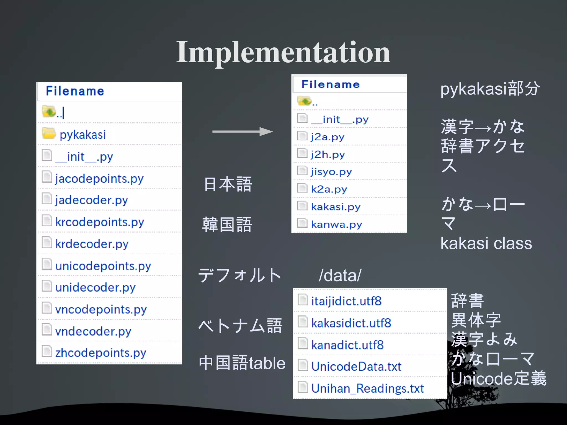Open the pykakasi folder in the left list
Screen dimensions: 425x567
tap(83, 135)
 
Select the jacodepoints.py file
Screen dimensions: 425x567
tap(99, 179)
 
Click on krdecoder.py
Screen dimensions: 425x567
tap(92, 244)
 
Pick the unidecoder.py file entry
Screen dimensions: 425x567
tap(95, 287)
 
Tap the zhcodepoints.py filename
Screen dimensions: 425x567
tap(100, 353)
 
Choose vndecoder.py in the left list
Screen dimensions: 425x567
tap(93, 331)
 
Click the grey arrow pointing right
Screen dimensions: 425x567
tap(242, 132)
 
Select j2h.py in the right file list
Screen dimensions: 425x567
tap(328, 154)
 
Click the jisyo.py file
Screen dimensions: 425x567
tap(331, 172)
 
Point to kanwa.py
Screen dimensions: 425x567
tap(336, 224)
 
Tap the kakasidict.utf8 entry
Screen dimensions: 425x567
tap(351, 323)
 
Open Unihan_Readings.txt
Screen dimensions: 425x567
tap(367, 388)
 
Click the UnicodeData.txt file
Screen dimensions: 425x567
tap(356, 367)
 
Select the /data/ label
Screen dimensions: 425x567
tap(340, 275)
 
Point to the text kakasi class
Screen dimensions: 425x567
tap(486, 243)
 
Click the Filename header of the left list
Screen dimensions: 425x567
tap(75, 91)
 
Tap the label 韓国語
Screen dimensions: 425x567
tap(227, 224)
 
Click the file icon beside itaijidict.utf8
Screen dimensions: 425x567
tap(303, 300)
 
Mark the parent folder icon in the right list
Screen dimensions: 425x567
tap(304, 101)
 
